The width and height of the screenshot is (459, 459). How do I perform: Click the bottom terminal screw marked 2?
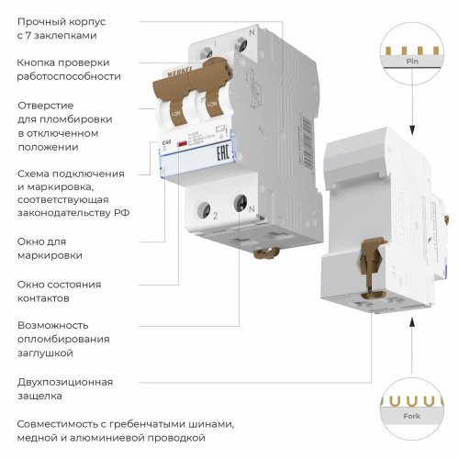coord(208,203)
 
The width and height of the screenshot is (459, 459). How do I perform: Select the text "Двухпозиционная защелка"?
coord(64,388)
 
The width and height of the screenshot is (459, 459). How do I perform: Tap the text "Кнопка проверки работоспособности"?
coord(62,70)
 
